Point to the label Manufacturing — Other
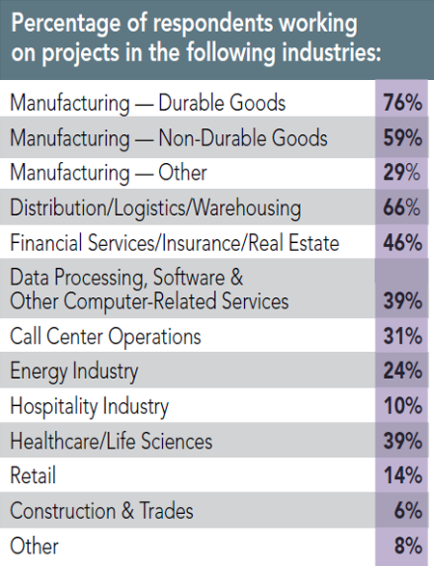pos(108,174)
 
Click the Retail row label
pos(34,475)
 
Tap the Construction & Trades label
pos(101,510)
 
